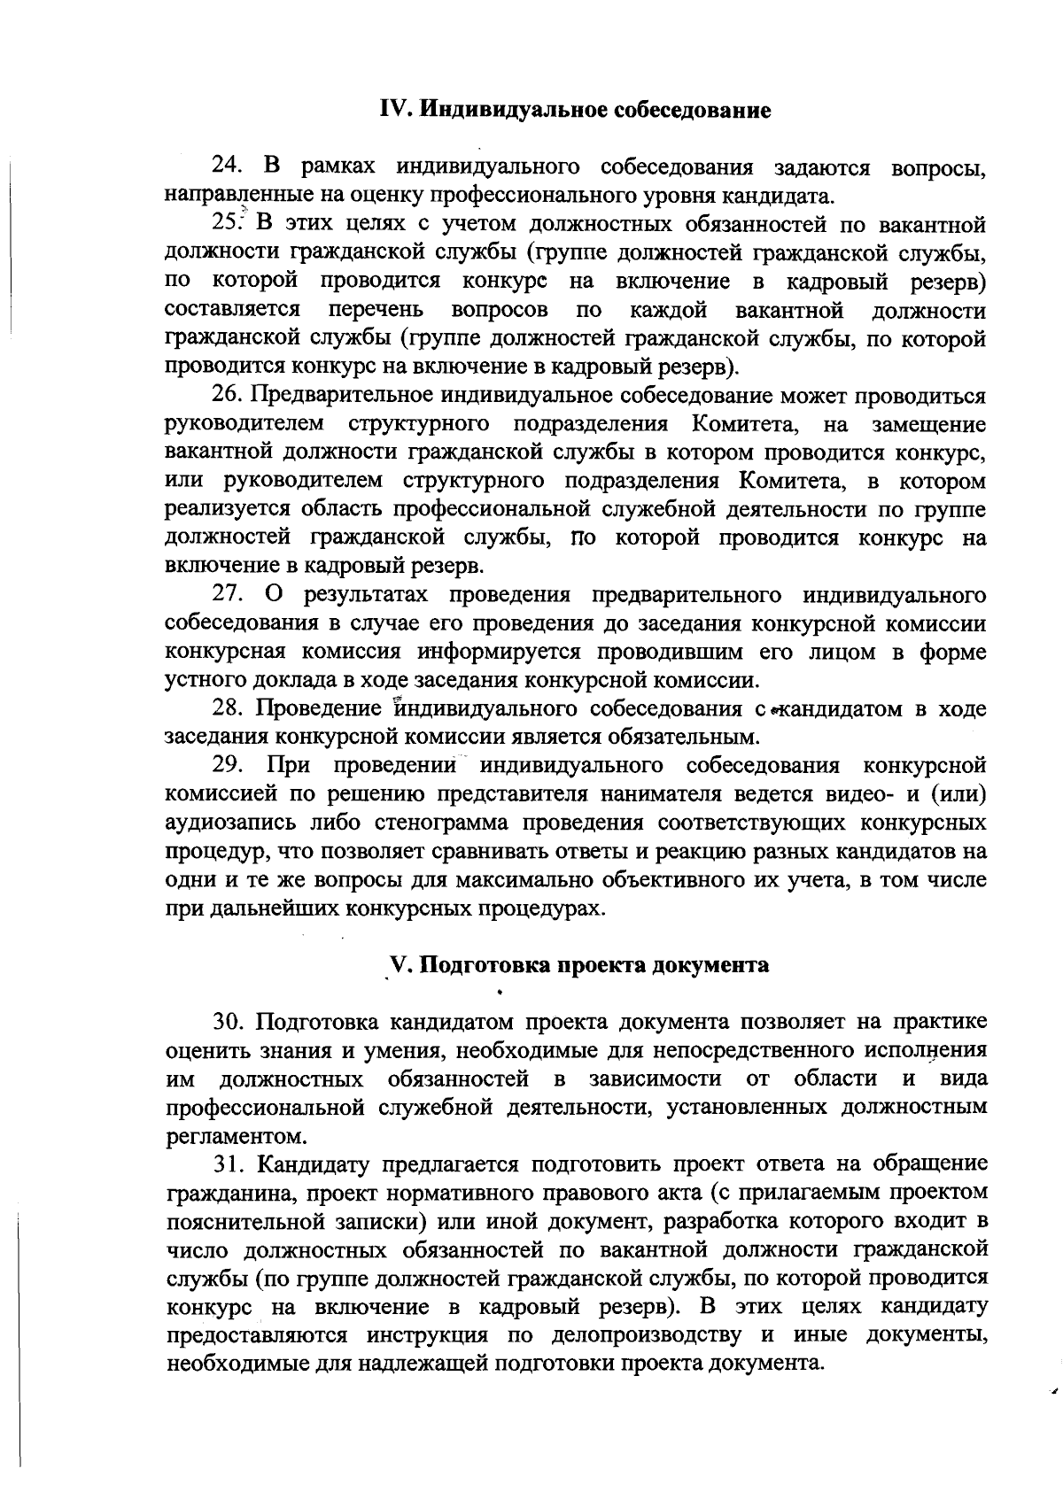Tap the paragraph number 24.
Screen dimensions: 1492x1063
[228, 166]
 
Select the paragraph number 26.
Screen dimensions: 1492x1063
[228, 395]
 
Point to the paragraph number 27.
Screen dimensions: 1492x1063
[228, 594]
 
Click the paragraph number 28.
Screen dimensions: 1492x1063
[228, 708]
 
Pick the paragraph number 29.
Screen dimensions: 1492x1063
[228, 765]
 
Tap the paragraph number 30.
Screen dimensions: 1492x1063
[228, 1022]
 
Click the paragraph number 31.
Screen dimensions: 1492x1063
[228, 1163]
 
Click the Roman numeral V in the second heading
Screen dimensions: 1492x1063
[398, 965]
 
